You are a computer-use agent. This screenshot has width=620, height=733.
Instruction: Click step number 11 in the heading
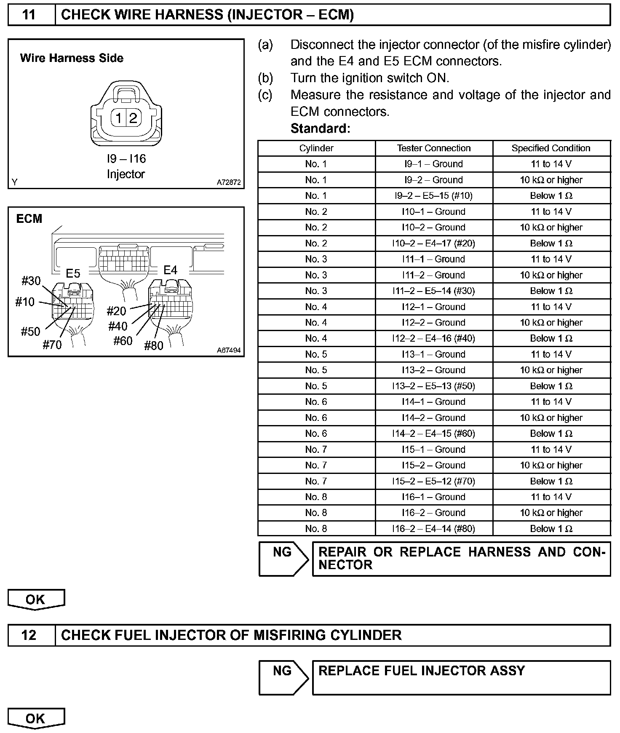click(29, 15)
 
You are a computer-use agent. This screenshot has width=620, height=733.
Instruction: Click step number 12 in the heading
click(29, 635)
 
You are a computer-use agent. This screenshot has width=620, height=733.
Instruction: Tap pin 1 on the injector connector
click(119, 118)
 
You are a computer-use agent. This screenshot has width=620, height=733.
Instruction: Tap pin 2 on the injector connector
click(133, 118)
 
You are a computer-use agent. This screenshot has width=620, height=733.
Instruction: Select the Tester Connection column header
click(433, 148)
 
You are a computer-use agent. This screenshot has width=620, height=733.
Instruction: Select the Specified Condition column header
click(551, 148)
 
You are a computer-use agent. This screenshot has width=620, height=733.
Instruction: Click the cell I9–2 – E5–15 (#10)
click(433, 196)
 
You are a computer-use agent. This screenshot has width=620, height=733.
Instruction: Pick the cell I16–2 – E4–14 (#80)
click(433, 529)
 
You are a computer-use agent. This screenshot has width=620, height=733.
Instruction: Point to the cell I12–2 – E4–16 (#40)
click(433, 339)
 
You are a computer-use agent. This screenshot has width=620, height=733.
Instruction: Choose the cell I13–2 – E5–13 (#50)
click(433, 386)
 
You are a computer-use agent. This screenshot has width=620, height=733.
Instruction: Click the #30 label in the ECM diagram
click(31, 281)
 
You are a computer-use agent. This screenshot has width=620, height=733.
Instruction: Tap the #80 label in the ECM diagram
click(154, 346)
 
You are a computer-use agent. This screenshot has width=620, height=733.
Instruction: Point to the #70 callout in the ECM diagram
click(52, 345)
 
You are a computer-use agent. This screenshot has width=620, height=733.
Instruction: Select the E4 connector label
click(171, 270)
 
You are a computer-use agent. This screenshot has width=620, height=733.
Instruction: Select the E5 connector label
click(73, 274)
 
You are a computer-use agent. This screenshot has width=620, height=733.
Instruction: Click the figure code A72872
click(229, 182)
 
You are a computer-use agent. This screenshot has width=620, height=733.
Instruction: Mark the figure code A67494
click(229, 350)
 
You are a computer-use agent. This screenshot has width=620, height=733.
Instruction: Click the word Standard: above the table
click(320, 128)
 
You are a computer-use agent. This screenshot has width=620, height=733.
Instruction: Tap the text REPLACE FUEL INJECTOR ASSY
click(422, 671)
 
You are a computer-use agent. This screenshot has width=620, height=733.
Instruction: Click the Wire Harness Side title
click(72, 58)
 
